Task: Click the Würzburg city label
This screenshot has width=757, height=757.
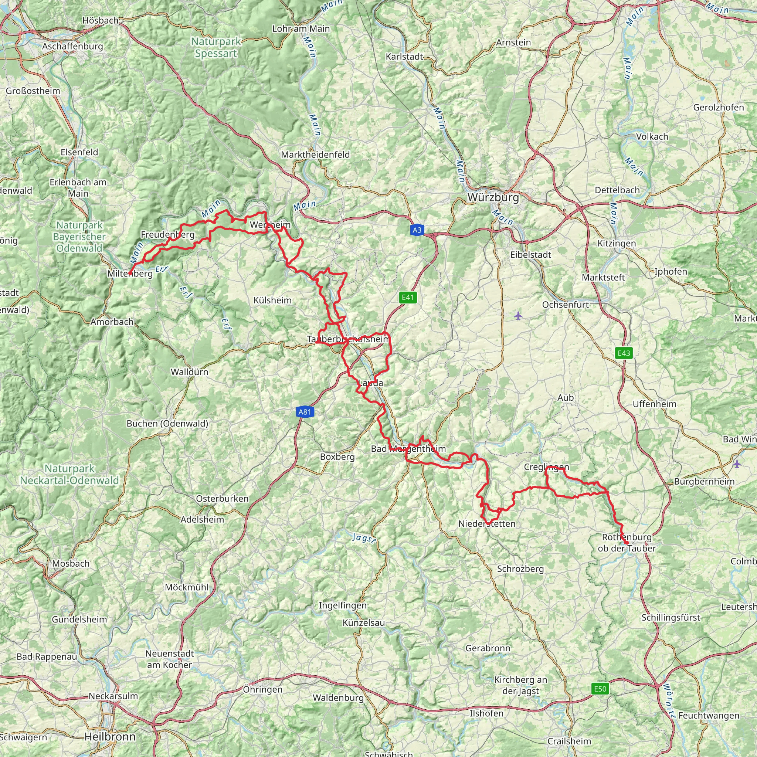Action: tap(493, 197)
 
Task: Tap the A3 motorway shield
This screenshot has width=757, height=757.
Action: tap(417, 230)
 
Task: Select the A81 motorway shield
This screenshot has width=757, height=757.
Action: tap(305, 412)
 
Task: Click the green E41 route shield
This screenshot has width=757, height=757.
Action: tap(408, 298)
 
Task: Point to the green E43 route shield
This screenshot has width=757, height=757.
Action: tap(624, 353)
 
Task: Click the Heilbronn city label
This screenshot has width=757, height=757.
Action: tap(110, 737)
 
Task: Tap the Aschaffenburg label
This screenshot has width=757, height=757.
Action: tap(72, 46)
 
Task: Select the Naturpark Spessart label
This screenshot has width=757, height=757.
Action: tap(216, 47)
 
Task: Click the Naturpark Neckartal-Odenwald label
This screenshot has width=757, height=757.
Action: tap(69, 475)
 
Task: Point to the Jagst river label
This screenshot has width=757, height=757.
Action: tap(364, 538)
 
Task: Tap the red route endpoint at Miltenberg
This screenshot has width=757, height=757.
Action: tap(130, 273)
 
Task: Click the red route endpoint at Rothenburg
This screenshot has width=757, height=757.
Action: tap(627, 543)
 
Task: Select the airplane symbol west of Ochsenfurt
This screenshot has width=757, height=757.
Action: tap(518, 315)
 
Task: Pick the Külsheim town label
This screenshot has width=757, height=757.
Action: tap(272, 301)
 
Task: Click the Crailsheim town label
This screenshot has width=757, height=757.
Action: tap(569, 741)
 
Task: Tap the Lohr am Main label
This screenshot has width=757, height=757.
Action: tap(301, 28)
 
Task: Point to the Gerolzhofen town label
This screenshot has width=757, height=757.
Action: tap(718, 107)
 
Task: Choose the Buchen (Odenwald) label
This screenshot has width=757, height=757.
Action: tap(167, 424)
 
